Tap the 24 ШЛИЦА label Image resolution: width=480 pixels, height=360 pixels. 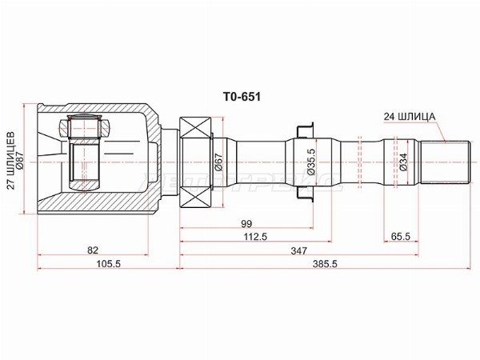point(409,116)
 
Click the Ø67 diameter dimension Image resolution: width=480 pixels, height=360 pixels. point(218,163)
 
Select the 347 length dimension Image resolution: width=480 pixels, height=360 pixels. point(298,250)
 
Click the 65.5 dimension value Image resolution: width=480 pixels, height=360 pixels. point(401,237)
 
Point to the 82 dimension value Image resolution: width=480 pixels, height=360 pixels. point(93,250)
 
